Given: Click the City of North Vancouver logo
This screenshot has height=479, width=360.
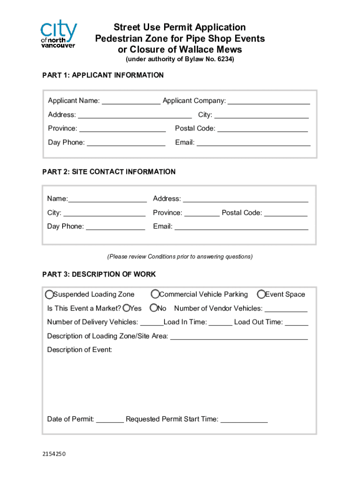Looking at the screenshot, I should (x=58, y=34).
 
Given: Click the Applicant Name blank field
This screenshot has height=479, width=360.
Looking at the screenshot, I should (x=131, y=101).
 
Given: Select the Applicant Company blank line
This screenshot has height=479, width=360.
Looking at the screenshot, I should (x=269, y=101).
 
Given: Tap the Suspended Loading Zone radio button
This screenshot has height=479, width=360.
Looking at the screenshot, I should (x=49, y=294).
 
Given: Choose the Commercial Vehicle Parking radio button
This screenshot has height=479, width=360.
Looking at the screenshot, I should (x=155, y=294).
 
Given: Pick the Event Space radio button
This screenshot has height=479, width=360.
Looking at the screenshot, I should (x=261, y=294).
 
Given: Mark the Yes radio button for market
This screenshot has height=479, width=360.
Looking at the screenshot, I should (x=126, y=308).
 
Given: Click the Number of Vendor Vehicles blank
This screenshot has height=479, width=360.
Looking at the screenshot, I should (x=286, y=309).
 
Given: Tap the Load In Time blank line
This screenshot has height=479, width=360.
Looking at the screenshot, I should (x=220, y=322).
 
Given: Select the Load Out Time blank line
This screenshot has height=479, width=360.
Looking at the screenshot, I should (x=296, y=322).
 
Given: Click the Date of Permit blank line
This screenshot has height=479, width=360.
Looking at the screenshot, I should (x=110, y=420).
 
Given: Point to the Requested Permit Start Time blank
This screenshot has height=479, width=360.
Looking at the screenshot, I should (x=244, y=420).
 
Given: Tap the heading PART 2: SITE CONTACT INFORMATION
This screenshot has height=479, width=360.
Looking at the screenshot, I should (x=109, y=172).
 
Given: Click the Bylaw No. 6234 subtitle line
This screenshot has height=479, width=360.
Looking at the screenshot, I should (x=180, y=59).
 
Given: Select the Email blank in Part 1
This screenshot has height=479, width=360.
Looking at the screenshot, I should (x=253, y=143).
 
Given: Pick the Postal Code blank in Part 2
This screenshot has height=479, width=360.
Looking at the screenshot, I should (x=286, y=213).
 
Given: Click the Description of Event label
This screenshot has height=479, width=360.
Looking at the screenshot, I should (x=79, y=350).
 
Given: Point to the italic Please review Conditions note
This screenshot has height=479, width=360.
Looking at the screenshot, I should (x=180, y=256).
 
